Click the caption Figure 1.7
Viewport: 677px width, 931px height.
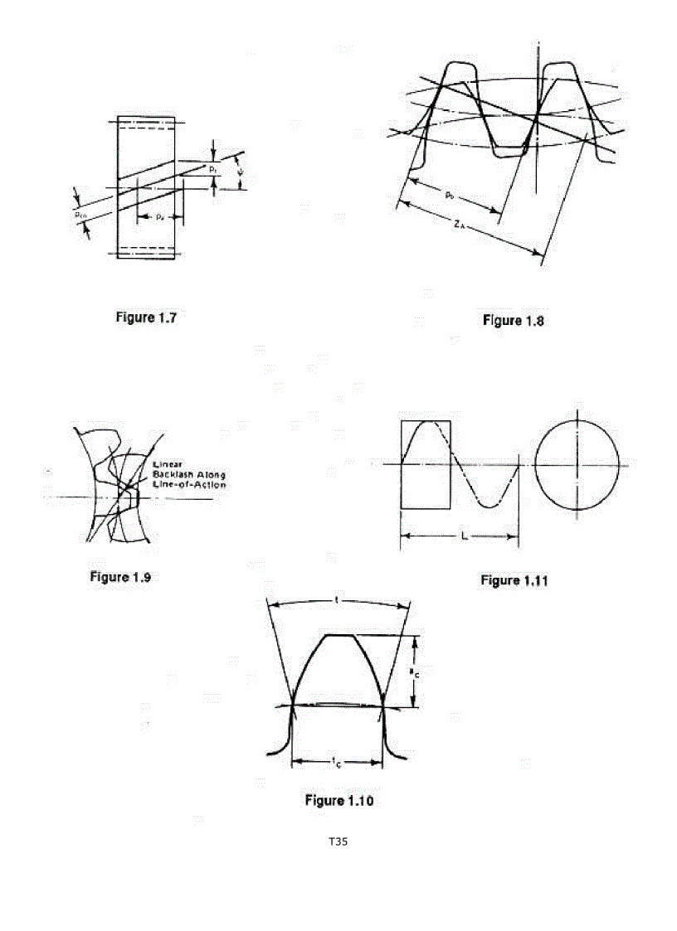tap(145, 318)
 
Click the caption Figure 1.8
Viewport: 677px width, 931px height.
tap(513, 321)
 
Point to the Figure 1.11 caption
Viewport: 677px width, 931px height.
tap(514, 581)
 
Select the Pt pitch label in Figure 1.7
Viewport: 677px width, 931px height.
tap(214, 169)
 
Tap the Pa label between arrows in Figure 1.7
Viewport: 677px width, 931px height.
tap(160, 216)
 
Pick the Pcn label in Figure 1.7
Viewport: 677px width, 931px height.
tap(80, 213)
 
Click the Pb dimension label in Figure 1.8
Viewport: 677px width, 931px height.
tap(449, 196)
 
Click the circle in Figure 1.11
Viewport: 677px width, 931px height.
tap(577, 465)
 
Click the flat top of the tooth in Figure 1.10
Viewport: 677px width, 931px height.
tap(338, 635)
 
